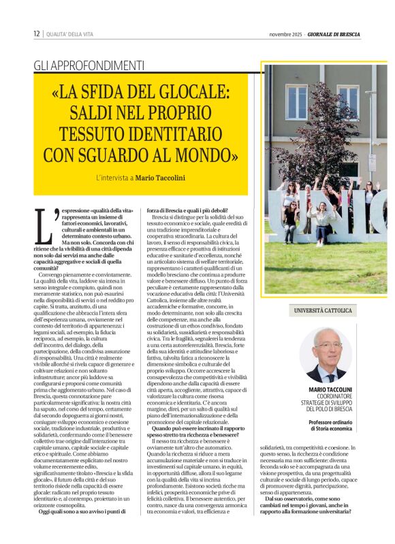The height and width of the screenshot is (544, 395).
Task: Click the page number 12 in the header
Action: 36,34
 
